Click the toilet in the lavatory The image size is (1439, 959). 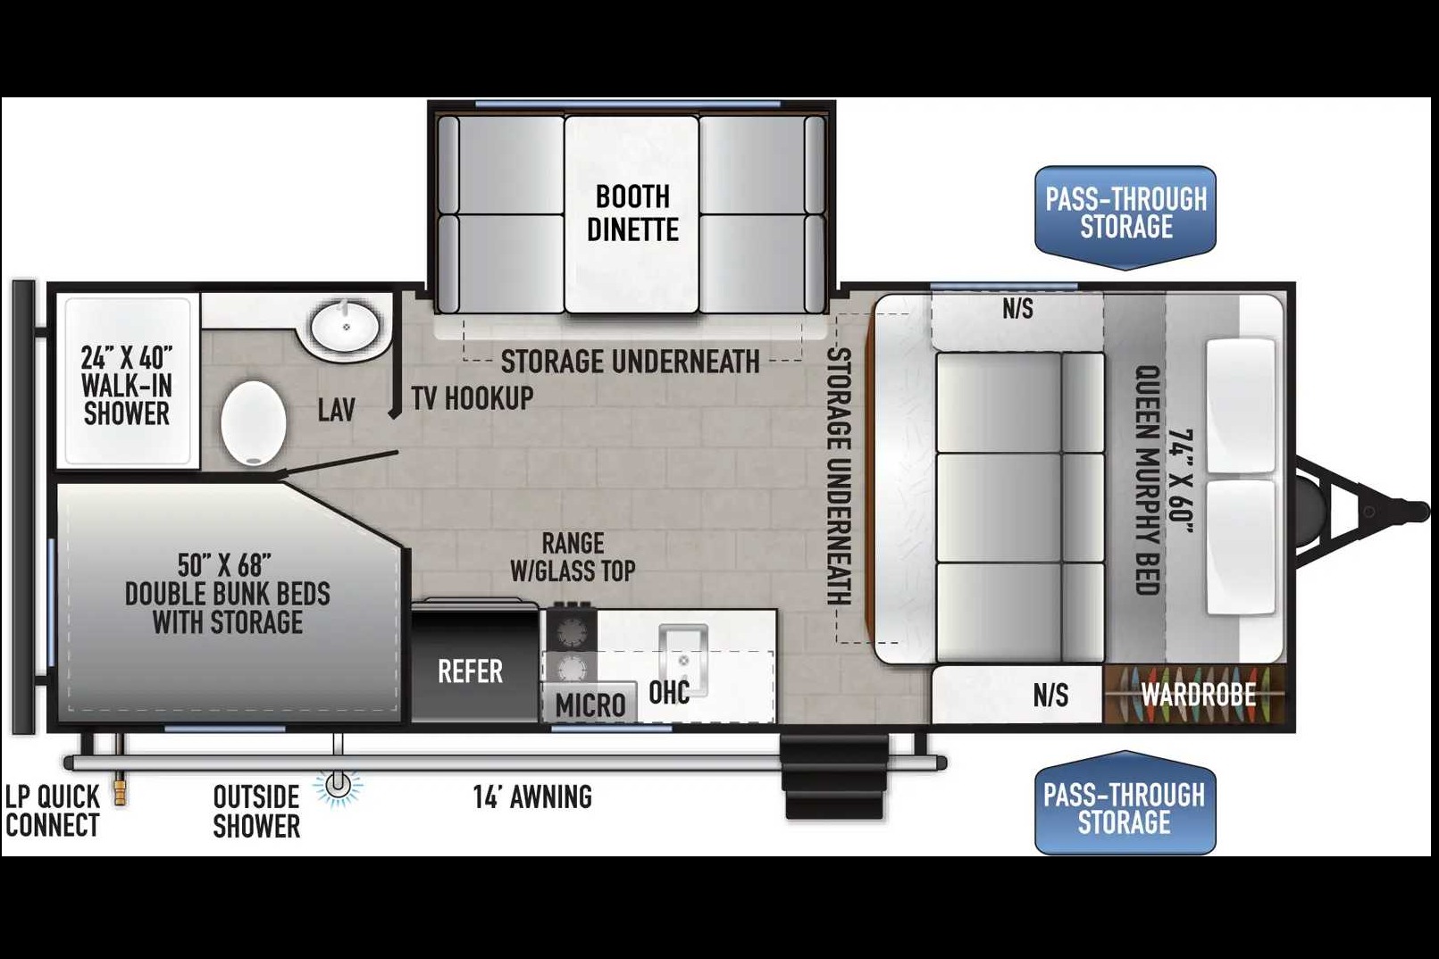coord(253,422)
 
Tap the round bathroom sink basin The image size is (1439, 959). coord(346,326)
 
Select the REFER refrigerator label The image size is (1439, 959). coord(470,671)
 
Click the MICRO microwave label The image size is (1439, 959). coord(590,705)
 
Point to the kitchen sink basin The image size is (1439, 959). coord(683,659)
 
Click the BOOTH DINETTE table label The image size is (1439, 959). coord(632,213)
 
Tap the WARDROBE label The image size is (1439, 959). coord(1198,695)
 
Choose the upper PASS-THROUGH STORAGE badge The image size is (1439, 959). coord(1125,217)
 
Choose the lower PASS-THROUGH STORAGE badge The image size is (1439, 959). coord(1125,803)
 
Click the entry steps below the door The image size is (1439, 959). coord(835,776)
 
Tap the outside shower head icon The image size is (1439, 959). coord(339,786)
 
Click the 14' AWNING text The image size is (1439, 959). coord(532,796)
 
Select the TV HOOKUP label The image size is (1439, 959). coord(473,398)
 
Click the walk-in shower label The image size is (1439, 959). coord(127,386)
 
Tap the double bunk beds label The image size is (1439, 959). coord(228,594)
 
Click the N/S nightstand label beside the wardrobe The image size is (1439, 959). coord(1051,695)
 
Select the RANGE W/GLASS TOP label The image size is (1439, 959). coord(573,557)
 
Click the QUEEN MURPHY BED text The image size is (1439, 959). coord(1148,479)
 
